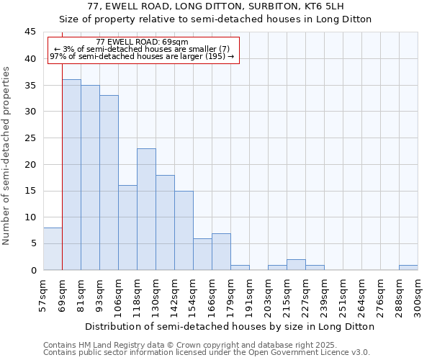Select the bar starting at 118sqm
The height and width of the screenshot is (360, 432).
coord(146,209)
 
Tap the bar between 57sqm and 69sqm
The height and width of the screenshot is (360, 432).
coord(53,249)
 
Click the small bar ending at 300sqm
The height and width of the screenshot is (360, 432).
coord(408,267)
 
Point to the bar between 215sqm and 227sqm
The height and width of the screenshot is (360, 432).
coord(296,264)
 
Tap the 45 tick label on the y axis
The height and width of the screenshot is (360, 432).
coord(30,32)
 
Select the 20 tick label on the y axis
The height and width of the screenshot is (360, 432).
coord(30,164)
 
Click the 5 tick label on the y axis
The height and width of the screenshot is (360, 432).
coord(33,243)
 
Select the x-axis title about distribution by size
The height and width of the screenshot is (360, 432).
coord(230,326)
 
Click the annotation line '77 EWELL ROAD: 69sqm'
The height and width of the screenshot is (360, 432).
coord(142,42)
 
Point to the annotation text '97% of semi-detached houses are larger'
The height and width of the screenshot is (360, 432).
coord(142,57)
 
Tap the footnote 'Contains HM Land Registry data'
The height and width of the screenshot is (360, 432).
coord(205,345)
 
